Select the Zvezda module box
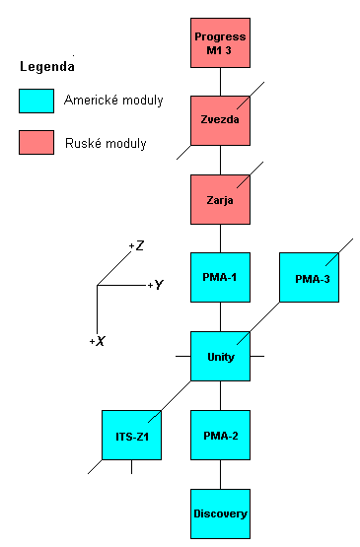tap(220, 120)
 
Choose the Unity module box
tap(220, 356)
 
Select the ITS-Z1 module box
tap(131, 435)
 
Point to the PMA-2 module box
tap(220, 435)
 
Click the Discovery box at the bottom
tap(220, 513)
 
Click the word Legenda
tap(46, 67)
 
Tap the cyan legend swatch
tap(36, 101)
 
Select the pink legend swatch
tap(36, 143)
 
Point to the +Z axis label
tap(137, 244)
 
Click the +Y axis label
tap(155, 285)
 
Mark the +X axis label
tap(97, 340)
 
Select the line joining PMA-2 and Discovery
tap(220, 474)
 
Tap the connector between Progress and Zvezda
tap(220, 81)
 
